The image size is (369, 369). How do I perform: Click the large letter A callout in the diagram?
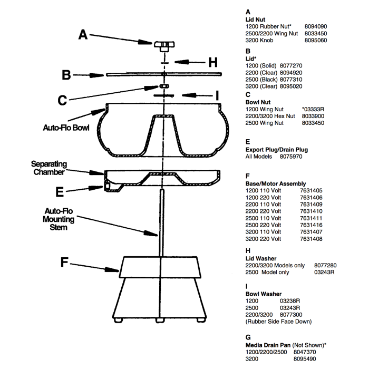pos(83,34)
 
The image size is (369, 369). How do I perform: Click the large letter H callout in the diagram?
pos(212,62)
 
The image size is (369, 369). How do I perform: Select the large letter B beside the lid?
pos(66,75)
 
